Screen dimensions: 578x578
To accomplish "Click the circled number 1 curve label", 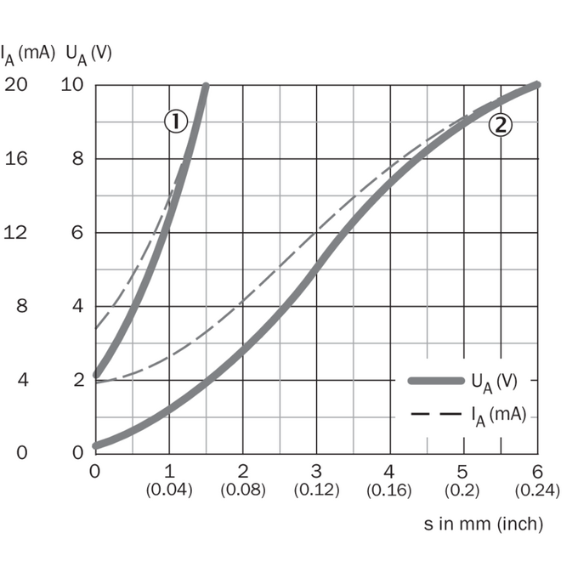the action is pyautogui.click(x=176, y=122).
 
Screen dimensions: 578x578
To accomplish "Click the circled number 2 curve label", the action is pyautogui.click(x=500, y=125).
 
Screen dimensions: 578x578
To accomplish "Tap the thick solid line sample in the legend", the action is pyautogui.click(x=436, y=381).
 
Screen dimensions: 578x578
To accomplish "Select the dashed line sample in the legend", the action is pyautogui.click(x=436, y=414).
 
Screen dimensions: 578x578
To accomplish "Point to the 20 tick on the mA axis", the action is pyautogui.click(x=16, y=84).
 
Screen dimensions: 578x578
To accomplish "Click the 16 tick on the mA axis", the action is pyautogui.click(x=16, y=158).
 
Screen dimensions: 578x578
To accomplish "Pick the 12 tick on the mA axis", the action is pyautogui.click(x=15, y=233).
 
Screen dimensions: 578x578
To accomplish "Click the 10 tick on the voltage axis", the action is pyautogui.click(x=72, y=84).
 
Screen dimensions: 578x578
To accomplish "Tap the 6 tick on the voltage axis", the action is pyautogui.click(x=77, y=233).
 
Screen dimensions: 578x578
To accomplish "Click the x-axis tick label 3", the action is pyautogui.click(x=316, y=472).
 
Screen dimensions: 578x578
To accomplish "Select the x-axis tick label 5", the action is pyautogui.click(x=462, y=472).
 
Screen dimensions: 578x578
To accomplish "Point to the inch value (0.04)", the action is pyautogui.click(x=169, y=490).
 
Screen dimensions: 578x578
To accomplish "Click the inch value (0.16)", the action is pyautogui.click(x=389, y=490).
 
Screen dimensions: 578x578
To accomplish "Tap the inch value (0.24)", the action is pyautogui.click(x=537, y=490).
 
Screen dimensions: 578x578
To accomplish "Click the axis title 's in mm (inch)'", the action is pyautogui.click(x=484, y=524).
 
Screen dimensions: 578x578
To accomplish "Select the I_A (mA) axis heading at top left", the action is pyautogui.click(x=28, y=54).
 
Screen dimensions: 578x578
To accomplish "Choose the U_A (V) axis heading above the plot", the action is pyautogui.click(x=89, y=54).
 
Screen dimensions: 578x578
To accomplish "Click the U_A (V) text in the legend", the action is pyautogui.click(x=495, y=382).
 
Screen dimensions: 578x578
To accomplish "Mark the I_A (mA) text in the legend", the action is pyautogui.click(x=499, y=416).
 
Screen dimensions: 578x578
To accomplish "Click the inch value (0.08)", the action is pyautogui.click(x=243, y=490).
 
